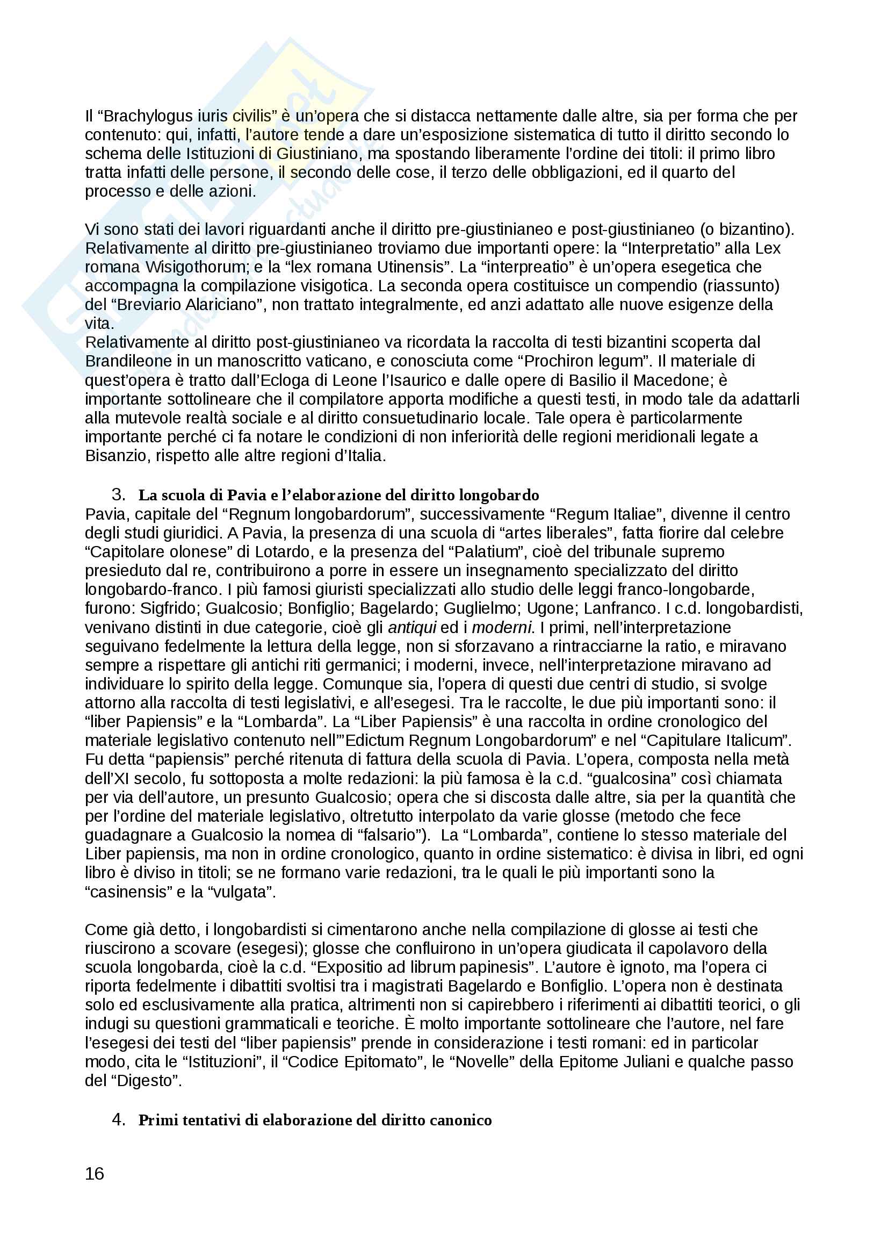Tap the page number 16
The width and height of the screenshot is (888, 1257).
coord(94,1173)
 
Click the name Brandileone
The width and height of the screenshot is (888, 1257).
coord(132,361)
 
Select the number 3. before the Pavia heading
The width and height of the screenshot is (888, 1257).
coord(118,495)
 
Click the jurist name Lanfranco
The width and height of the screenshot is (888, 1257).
coord(619,608)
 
